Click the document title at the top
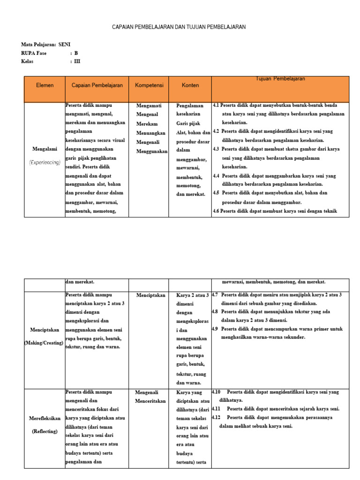(x=179, y=27)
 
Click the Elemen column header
(x=45, y=85)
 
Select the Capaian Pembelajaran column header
(x=97, y=85)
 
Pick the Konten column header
(x=190, y=85)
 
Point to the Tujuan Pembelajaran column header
(x=280, y=79)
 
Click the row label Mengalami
(x=45, y=149)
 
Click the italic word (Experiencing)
(x=45, y=162)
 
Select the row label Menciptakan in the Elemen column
(x=45, y=330)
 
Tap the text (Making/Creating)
(x=45, y=343)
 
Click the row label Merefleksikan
(x=45, y=418)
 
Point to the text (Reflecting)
(x=45, y=431)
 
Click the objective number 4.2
(x=216, y=131)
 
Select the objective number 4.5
(x=216, y=193)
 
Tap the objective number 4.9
(x=216, y=329)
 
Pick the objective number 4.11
(x=216, y=409)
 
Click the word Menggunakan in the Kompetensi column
(x=152, y=151)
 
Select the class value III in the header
(x=77, y=61)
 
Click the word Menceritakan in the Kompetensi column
(x=150, y=401)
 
